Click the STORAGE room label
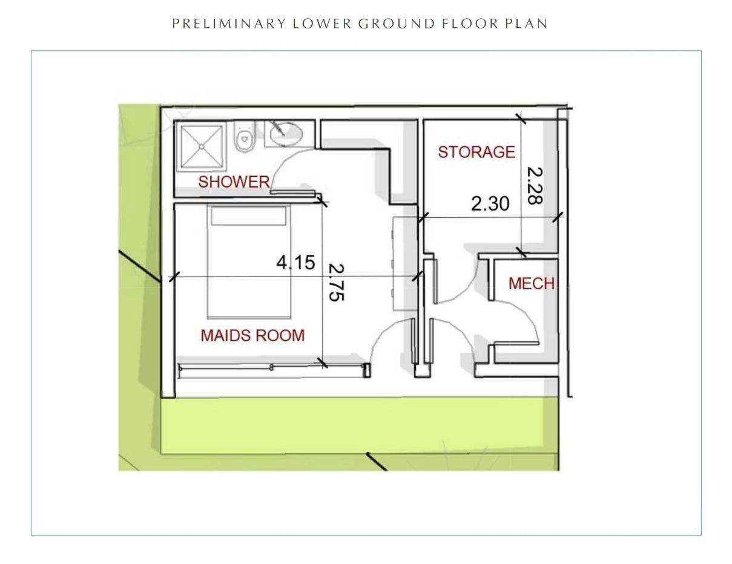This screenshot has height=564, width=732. tap(476, 152)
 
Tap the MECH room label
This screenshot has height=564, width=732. tap(531, 284)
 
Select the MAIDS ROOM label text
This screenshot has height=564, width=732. tap(252, 335)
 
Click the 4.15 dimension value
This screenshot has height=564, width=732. tap(295, 262)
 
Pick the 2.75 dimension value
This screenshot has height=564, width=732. tap(336, 283)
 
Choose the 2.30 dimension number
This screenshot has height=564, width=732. tap(490, 204)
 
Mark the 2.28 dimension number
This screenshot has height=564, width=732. tap(535, 186)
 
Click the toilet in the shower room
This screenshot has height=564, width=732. tap(244, 136)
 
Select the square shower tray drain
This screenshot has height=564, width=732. tap(202, 146)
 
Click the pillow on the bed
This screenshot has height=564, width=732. tap(249, 216)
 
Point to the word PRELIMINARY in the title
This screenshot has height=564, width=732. tap(229, 24)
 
